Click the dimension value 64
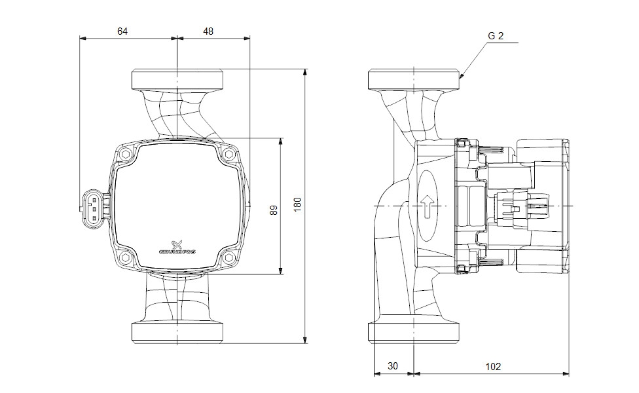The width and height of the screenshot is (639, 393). [122, 31]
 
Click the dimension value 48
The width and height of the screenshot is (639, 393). [208, 31]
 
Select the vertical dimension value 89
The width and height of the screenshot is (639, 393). [274, 210]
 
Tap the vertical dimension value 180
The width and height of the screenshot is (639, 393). [298, 204]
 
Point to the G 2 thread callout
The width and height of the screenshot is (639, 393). [496, 37]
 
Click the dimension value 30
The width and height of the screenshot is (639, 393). [393, 367]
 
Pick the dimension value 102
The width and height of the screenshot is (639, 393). [493, 367]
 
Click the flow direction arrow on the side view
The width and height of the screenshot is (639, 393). [426, 206]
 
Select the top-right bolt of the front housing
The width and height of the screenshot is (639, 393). [228, 155]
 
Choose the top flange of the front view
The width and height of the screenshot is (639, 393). [178, 79]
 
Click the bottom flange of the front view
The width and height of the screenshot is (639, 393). [178, 332]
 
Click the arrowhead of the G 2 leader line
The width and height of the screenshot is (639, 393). [462, 77]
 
